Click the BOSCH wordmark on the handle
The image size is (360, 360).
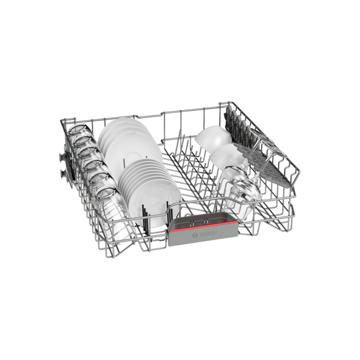click(208, 234)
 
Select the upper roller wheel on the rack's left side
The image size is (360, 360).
click(62, 157)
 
